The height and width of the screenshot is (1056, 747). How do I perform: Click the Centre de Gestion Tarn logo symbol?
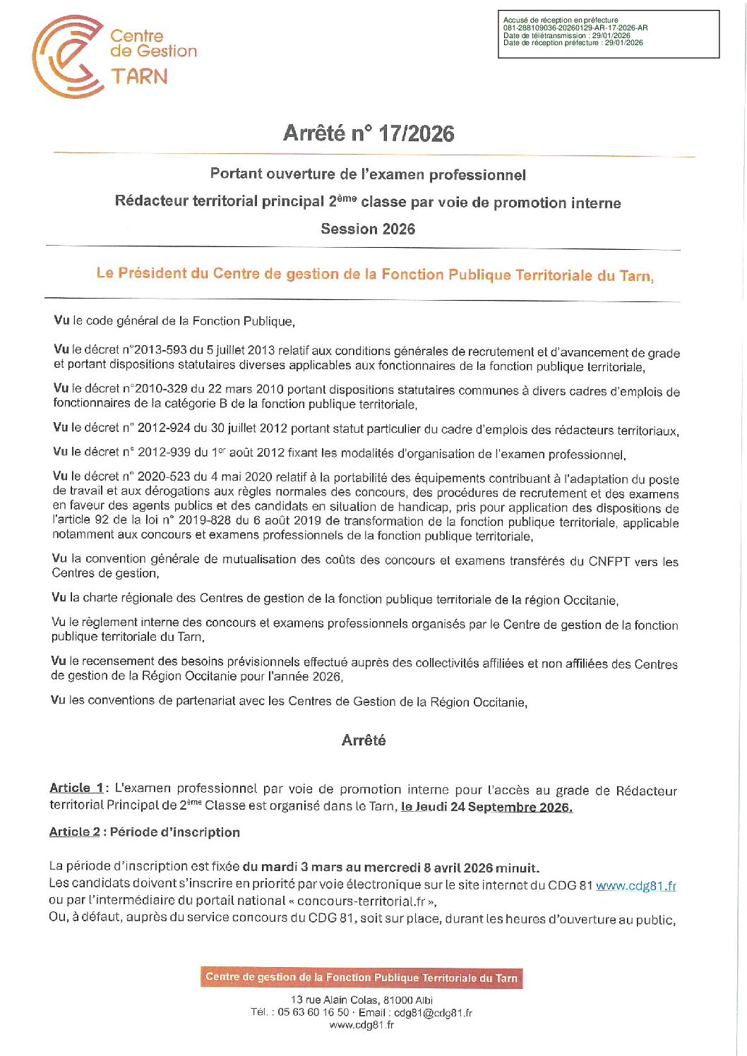pos(68,56)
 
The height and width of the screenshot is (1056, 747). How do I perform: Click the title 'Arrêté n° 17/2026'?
pos(369,133)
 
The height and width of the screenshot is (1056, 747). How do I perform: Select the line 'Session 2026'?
pos(368,229)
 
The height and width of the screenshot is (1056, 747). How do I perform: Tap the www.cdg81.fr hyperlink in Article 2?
pos(635,886)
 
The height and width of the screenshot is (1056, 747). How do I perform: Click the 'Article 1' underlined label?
pos(76,788)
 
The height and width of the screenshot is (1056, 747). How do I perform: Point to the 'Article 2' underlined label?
pos(74,832)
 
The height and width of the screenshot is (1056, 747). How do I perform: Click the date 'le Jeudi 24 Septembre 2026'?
pos(486,807)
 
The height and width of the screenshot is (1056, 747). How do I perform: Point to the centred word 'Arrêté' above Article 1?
pos(364,740)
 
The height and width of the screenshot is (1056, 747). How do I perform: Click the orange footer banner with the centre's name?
pos(361,978)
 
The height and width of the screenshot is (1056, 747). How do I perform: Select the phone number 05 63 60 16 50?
pos(313,1012)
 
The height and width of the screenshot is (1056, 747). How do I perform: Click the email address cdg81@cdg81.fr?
pos(433,1012)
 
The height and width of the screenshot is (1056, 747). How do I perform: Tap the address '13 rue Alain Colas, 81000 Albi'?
pos(361,1000)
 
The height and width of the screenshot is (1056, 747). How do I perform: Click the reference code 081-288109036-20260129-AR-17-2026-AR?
pos(575,28)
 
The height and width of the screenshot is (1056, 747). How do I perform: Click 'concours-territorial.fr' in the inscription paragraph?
pos(361,901)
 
